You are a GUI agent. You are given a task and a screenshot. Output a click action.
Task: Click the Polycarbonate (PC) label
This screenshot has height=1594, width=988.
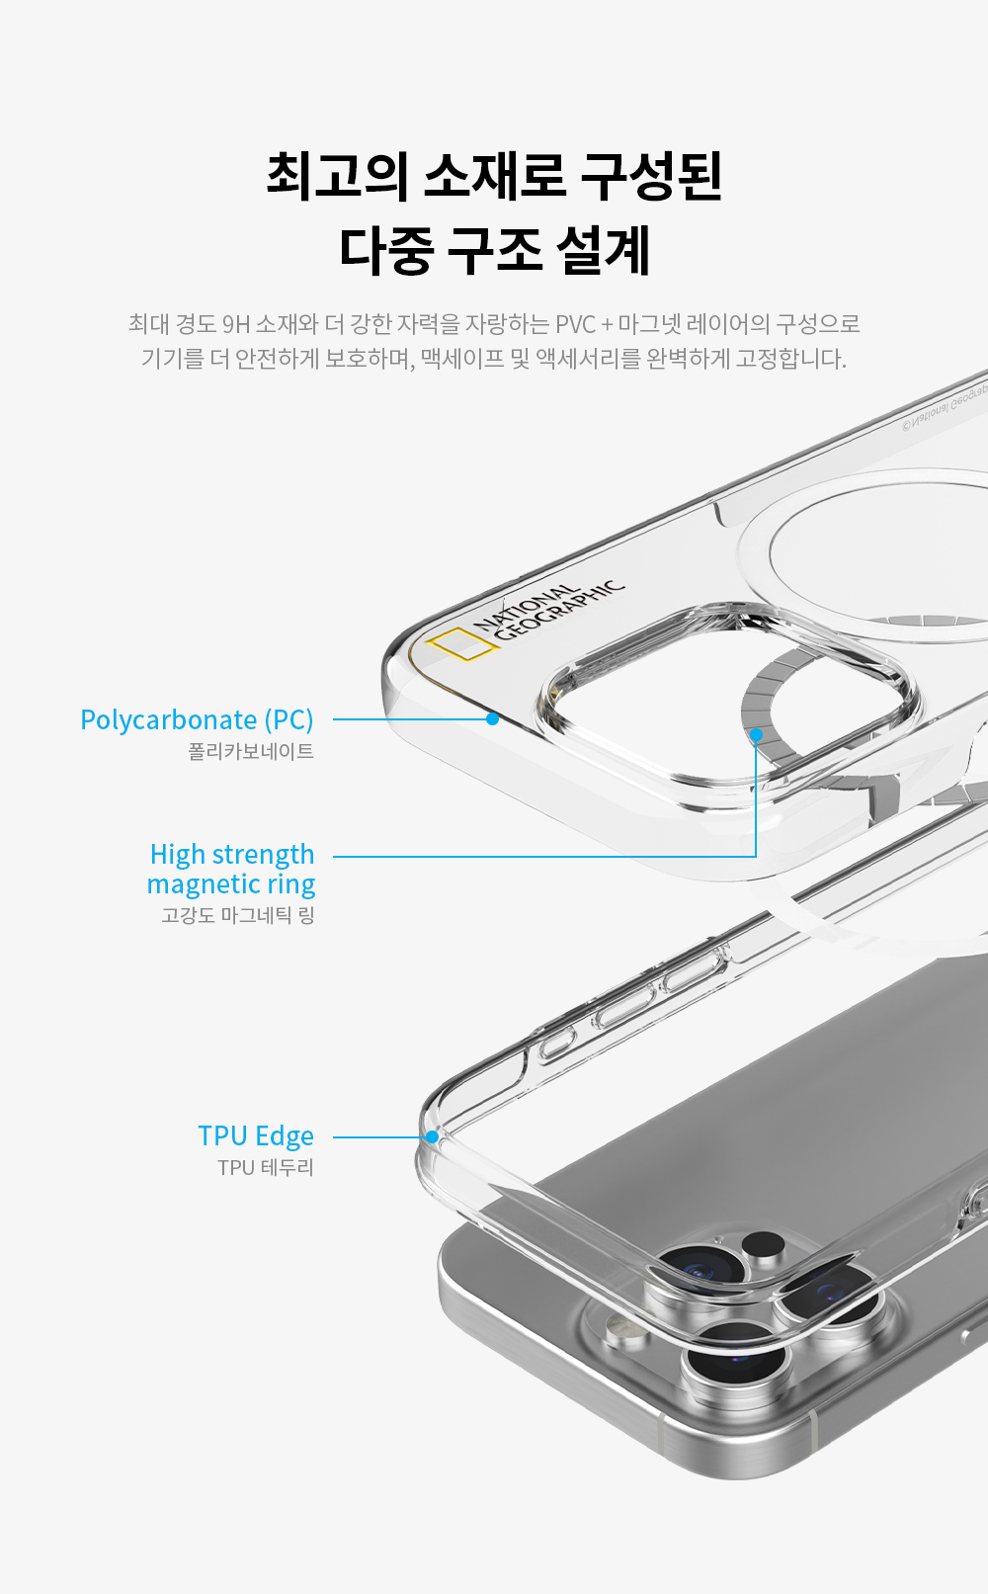pyautogui.click(x=197, y=719)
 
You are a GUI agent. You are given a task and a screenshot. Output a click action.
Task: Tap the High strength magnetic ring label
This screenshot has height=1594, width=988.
pyautogui.click(x=231, y=869)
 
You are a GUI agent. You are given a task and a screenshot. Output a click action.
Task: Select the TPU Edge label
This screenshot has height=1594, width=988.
pyautogui.click(x=255, y=1136)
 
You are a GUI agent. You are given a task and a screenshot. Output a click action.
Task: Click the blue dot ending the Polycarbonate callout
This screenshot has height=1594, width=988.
pyautogui.click(x=492, y=718)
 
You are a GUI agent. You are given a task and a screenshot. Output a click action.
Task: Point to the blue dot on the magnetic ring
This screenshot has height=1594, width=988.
pyautogui.click(x=756, y=734)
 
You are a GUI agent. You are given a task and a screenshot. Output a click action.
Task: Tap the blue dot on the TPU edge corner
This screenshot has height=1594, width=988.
pyautogui.click(x=432, y=1137)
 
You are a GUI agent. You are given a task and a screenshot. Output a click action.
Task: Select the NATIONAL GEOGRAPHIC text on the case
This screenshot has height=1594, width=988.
pyautogui.click(x=548, y=610)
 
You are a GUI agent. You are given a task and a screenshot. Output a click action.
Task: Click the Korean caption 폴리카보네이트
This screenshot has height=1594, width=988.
pyautogui.click(x=251, y=752)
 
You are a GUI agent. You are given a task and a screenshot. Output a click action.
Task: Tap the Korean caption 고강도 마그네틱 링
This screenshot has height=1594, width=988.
pyautogui.click(x=238, y=915)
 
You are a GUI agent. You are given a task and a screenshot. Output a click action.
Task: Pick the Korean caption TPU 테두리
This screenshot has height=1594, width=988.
pyautogui.click(x=266, y=1167)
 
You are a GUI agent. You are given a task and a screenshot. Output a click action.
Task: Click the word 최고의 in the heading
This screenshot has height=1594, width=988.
pyautogui.click(x=337, y=176)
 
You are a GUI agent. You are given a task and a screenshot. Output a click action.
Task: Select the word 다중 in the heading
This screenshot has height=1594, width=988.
pyautogui.click(x=385, y=250)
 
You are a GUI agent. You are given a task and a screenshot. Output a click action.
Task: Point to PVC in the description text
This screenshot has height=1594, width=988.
pyautogui.click(x=575, y=324)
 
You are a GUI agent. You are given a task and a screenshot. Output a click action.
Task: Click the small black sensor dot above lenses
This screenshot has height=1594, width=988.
pyautogui.click(x=763, y=1243)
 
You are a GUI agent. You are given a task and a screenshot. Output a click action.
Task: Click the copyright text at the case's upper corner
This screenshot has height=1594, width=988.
pyautogui.click(x=945, y=407)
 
